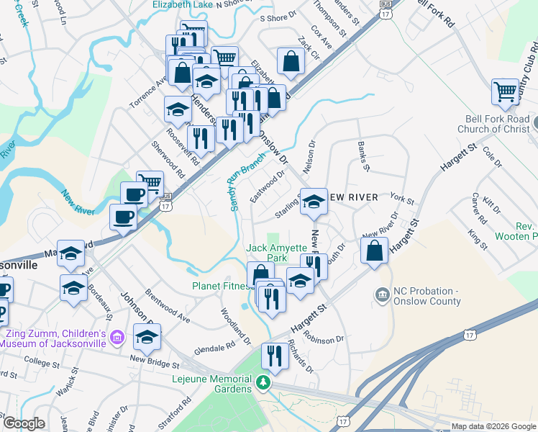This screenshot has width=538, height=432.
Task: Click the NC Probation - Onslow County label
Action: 427,297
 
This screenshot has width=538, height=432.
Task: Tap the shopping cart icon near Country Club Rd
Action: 506,91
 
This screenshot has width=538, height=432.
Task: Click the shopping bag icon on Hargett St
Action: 375,251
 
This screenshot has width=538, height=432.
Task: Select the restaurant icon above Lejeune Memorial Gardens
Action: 275,354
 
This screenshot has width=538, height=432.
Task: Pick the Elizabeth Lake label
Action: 183,4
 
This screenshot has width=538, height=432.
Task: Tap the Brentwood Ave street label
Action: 168,306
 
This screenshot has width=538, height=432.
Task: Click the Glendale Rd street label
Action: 214,348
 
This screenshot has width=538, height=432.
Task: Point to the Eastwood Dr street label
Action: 268,186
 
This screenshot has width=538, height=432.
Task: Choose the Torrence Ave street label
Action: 147,94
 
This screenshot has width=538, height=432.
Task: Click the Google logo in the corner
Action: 24,423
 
